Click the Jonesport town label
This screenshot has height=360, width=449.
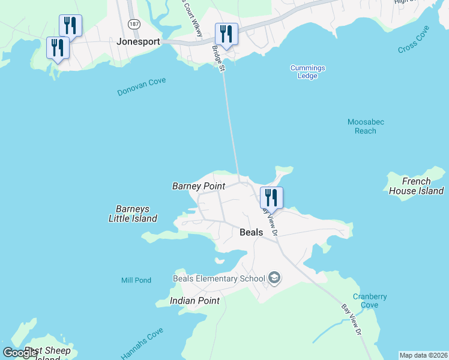[x=140, y=43]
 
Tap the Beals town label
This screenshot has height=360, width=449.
[x=252, y=232]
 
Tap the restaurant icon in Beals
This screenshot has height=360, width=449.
[x=271, y=197]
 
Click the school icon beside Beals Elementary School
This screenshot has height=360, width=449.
[x=274, y=277]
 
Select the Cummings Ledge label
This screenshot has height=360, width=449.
[x=307, y=72]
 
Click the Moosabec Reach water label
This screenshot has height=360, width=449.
[x=366, y=126]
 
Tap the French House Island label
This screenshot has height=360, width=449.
[x=416, y=186]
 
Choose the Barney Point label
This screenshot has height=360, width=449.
[x=199, y=186]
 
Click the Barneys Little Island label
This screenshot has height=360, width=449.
[x=133, y=214]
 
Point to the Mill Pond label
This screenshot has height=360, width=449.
[x=136, y=280]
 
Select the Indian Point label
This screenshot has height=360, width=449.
[x=194, y=300]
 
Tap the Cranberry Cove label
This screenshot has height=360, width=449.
[x=370, y=301]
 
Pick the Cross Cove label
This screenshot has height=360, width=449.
[x=414, y=40]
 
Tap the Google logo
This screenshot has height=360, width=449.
[x=21, y=353]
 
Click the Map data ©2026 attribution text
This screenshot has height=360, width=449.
[x=423, y=355]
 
